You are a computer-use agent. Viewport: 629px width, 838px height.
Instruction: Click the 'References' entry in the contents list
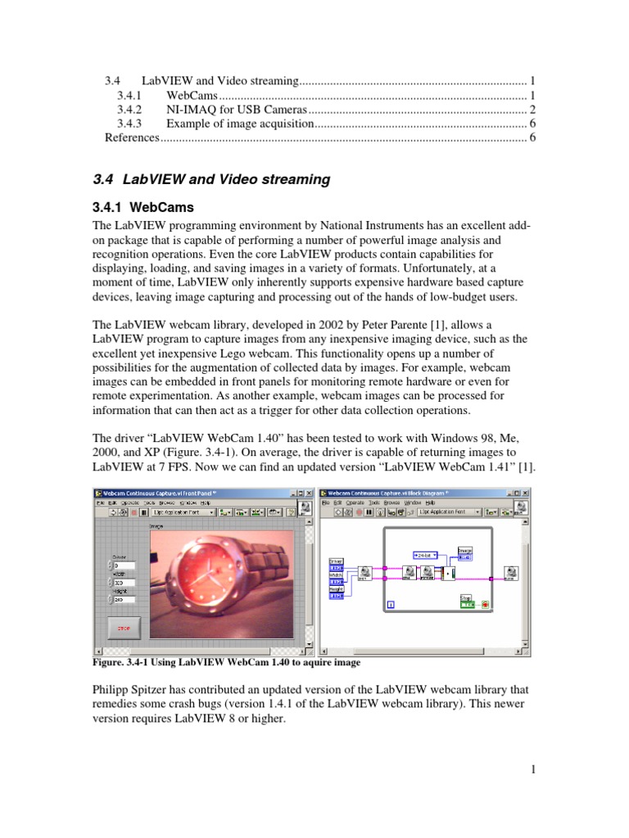tap(132, 137)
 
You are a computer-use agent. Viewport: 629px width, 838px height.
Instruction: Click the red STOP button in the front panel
tap(124, 628)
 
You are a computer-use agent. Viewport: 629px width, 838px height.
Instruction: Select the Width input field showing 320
tap(121, 583)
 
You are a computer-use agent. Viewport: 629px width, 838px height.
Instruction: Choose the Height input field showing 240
tap(121, 601)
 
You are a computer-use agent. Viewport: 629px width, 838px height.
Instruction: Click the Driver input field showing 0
tap(121, 565)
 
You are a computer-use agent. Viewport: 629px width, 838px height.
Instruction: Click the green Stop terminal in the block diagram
tap(467, 604)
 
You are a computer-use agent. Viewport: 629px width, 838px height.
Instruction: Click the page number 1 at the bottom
tap(532, 768)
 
